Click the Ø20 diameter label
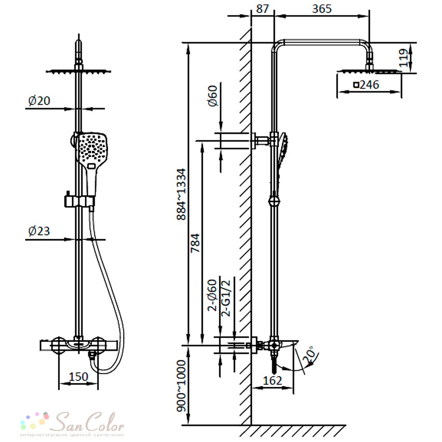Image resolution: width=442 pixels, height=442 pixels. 39,101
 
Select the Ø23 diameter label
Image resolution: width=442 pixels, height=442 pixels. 39,231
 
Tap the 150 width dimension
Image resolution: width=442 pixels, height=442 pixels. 79,377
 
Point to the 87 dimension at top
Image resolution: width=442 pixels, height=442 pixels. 263,9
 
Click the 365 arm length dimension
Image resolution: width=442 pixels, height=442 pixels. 322,9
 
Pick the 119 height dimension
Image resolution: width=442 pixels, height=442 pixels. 404,58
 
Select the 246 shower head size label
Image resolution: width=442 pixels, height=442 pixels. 366,84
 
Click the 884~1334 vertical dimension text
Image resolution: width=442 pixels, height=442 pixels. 181,194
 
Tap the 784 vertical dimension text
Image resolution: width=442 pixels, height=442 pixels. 195,243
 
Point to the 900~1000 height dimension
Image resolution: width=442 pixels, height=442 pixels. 181,386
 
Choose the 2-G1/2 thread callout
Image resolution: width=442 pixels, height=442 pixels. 226,298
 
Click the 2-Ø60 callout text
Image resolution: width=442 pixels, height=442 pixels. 212,295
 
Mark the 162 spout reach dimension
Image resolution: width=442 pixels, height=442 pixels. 272,381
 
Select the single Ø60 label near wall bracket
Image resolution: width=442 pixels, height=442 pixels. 213,96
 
